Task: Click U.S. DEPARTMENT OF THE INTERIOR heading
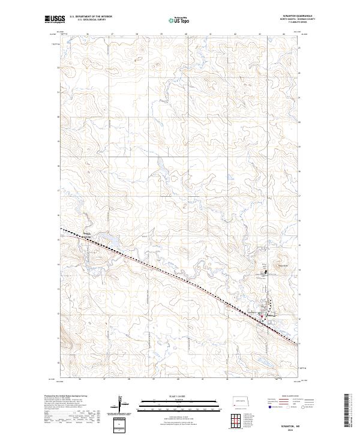(91, 16)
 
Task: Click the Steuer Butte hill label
(283, 266)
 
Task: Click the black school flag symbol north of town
(266, 272)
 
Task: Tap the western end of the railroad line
(61, 228)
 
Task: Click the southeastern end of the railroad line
(298, 344)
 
